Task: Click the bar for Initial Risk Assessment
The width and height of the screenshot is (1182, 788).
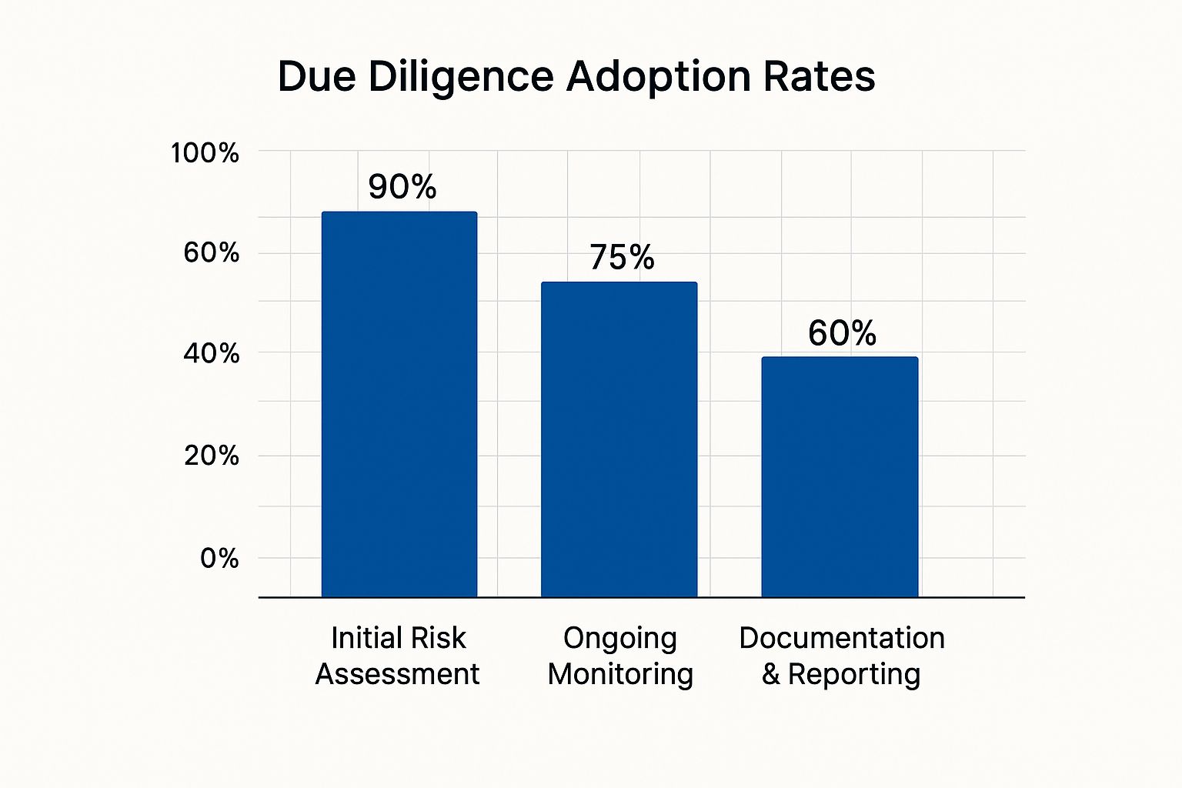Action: coord(399,404)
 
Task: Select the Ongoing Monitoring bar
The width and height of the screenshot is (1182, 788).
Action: coord(619,439)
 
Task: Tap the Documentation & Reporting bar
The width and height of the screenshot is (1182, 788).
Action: coord(840,476)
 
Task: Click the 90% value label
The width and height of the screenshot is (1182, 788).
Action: coord(402,187)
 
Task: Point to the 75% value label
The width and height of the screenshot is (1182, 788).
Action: coord(622,258)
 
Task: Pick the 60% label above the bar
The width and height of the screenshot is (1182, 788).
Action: coord(842,333)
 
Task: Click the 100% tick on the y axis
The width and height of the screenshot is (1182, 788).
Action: coord(205,153)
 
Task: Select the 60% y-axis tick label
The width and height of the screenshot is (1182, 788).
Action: coord(211,252)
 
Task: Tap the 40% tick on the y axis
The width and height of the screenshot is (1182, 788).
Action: coord(211,354)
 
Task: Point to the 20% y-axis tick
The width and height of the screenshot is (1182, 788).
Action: coord(211,456)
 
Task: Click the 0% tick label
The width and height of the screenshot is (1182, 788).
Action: coord(219,558)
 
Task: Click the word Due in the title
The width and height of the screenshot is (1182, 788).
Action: coord(316,77)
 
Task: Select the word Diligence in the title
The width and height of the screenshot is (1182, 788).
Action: coord(461,77)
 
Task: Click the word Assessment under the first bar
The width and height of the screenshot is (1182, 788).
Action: coord(397,674)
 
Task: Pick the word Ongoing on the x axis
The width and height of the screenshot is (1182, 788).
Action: coord(619,639)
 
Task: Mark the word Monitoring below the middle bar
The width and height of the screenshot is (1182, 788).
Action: coord(620,674)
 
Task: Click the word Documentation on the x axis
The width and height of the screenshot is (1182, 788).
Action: coord(842,638)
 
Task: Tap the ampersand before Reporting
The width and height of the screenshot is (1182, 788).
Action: coord(771,675)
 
